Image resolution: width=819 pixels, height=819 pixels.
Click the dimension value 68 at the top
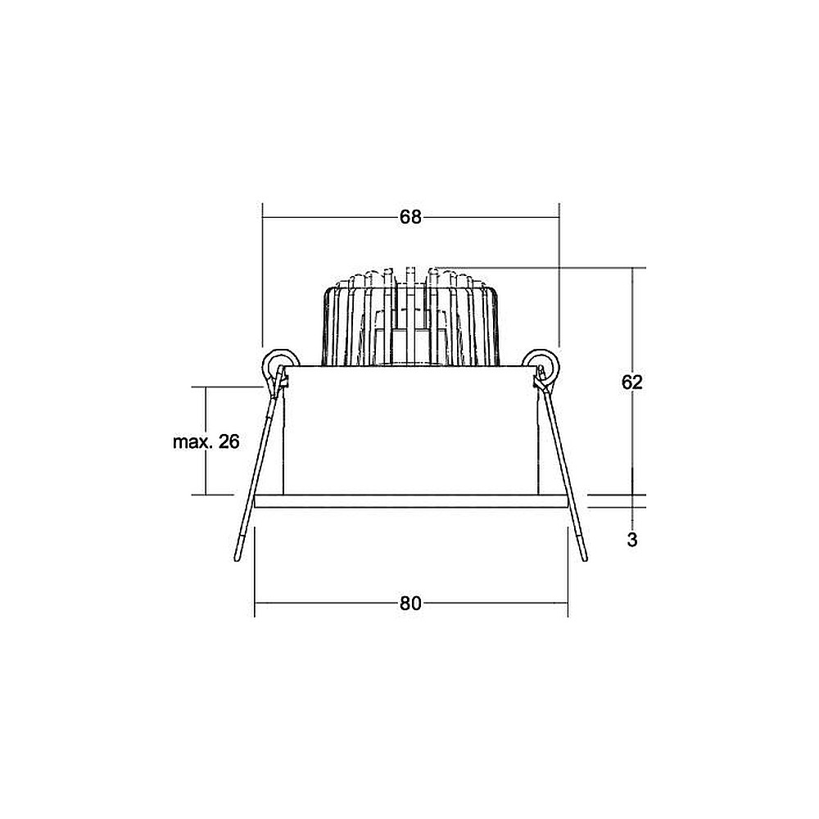coord(410,217)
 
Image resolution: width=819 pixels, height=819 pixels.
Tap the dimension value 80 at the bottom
coord(410,604)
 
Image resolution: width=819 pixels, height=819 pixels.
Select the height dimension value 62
coord(632,382)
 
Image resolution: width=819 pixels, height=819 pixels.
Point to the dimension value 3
coord(632,540)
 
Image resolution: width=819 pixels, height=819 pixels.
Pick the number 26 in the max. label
coord(229,442)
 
